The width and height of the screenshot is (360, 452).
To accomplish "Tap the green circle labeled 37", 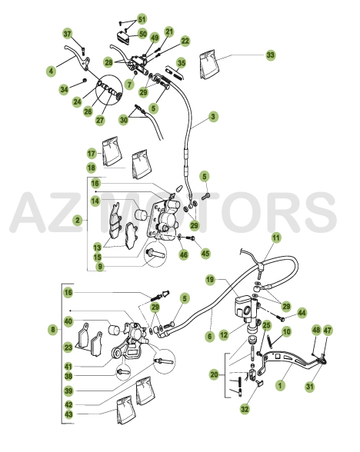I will (x=67, y=34).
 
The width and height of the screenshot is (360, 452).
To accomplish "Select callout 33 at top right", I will (x=270, y=55).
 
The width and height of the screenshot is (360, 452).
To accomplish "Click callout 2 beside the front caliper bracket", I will (x=78, y=220).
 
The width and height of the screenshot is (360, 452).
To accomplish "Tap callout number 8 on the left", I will (x=52, y=330).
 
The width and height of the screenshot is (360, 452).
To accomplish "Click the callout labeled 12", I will (x=224, y=335).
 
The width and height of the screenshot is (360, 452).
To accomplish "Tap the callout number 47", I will (x=328, y=330).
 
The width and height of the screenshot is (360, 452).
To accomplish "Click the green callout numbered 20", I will (x=215, y=374).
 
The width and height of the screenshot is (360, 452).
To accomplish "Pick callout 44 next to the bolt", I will (x=302, y=313).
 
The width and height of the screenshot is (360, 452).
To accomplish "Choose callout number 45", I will (x=205, y=253).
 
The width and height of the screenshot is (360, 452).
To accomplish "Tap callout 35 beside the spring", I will (x=182, y=63).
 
